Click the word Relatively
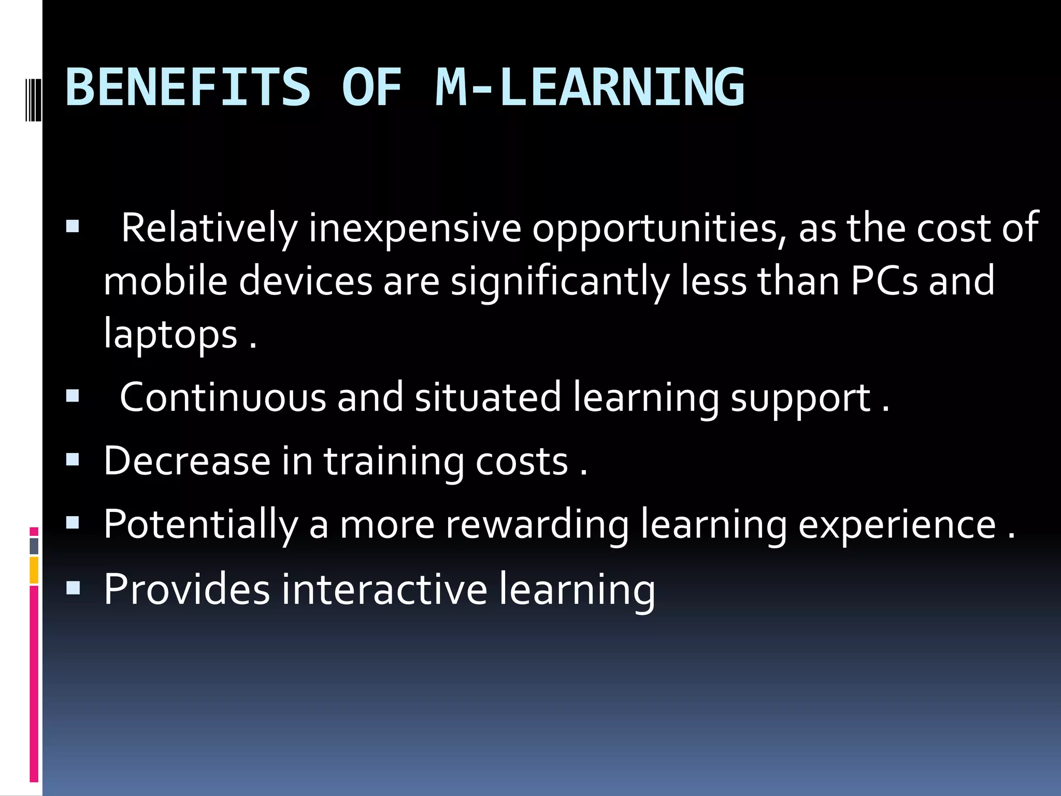tap(209, 228)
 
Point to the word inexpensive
tap(414, 228)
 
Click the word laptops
tap(170, 335)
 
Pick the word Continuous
tap(223, 397)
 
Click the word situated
tap(488, 397)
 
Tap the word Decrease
tap(187, 461)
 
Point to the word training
tap(394, 462)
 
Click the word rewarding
tap(537, 524)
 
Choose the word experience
tap(897, 525)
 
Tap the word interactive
tap(384, 589)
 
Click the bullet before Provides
tap(73, 588)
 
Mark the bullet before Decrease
tap(73, 460)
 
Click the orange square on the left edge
tap(34, 570)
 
